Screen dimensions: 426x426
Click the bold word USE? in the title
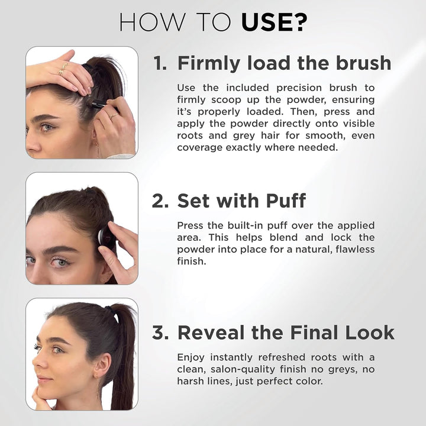(x=274, y=22)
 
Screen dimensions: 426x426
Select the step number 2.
(x=160, y=201)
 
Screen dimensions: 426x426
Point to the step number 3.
(x=160, y=333)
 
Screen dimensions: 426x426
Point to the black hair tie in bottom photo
(x=109, y=309)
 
